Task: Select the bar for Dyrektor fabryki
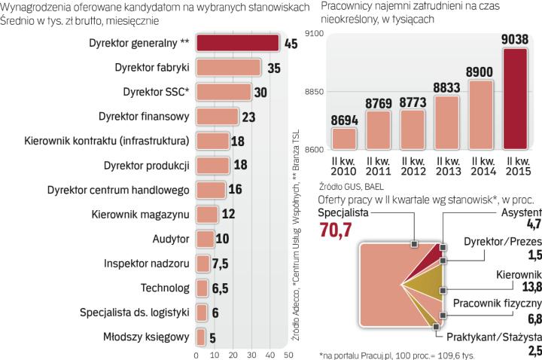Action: click(x=228, y=69)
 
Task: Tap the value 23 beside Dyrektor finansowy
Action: click(x=250, y=117)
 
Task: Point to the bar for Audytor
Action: click(x=203, y=239)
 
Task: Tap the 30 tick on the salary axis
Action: click(x=251, y=354)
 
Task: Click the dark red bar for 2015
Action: click(x=515, y=100)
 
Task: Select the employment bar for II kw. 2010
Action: click(x=343, y=139)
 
